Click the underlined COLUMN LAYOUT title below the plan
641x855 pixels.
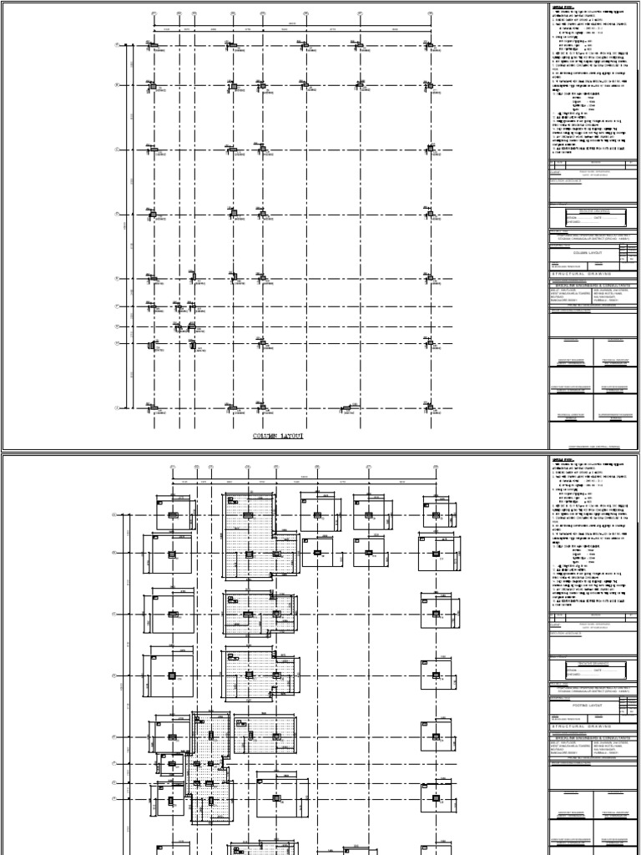tap(279, 436)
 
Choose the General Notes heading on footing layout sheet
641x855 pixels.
tap(562, 459)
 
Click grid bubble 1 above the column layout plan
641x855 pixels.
tap(154, 14)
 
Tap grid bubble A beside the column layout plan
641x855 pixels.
tap(117, 46)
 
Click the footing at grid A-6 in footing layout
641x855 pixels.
tap(317, 516)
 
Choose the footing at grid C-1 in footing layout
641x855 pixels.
tap(172, 615)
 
